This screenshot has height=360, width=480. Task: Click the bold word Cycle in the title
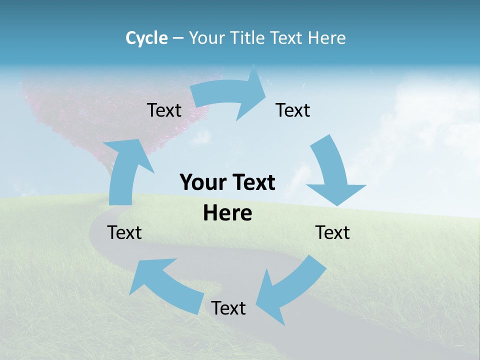coord(146,38)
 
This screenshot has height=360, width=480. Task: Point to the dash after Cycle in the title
coord(178,38)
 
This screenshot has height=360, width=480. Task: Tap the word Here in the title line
coord(328,38)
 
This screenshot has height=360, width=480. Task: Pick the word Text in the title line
coord(286,38)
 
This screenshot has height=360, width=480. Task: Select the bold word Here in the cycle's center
coord(227,213)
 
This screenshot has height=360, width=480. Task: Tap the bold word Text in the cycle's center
coord(251,182)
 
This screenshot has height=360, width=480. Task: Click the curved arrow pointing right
coord(230,95)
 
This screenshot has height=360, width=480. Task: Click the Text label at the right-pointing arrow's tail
coord(164,110)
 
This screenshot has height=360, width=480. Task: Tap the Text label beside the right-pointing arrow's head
coord(293,110)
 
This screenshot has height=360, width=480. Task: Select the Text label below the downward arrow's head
coord(332,232)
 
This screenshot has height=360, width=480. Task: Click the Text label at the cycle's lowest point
coord(228,308)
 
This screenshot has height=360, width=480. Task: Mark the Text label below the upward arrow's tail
coord(124,232)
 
